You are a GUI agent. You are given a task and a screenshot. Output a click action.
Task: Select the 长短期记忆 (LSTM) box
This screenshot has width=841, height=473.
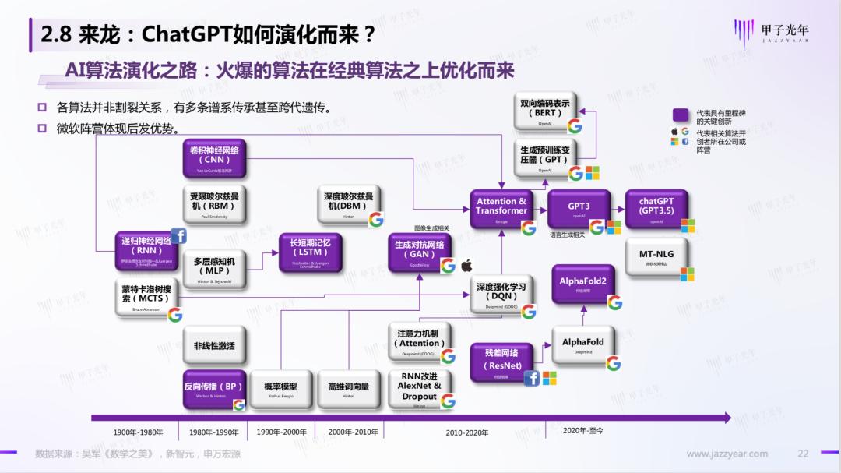coord(310,252)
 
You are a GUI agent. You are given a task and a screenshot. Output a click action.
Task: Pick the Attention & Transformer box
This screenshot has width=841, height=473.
coord(501,208)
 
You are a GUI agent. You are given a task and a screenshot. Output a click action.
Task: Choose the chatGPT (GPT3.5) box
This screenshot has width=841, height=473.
coord(656,208)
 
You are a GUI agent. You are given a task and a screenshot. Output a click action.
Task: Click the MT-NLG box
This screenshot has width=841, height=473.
coord(656,256)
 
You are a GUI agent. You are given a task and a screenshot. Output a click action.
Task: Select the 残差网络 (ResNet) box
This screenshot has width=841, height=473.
coord(501,360)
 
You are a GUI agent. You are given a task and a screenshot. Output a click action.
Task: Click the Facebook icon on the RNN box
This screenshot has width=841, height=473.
coord(178,236)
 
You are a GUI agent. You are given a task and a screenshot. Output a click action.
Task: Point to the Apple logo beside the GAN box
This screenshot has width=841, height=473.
coord(467,266)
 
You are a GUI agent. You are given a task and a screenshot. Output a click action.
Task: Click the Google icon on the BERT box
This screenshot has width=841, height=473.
coord(575,126)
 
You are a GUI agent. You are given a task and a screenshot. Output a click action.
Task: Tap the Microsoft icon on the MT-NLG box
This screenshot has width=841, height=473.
coord(687,274)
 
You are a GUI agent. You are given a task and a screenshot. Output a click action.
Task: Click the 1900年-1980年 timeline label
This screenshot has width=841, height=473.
coord(138,432)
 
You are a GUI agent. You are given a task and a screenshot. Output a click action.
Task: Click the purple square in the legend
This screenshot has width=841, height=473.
coord(681,115)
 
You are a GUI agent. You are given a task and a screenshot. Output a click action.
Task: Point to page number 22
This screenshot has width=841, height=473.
coord(803,454)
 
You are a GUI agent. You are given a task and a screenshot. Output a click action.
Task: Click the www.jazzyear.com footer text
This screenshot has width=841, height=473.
coord(727,454)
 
